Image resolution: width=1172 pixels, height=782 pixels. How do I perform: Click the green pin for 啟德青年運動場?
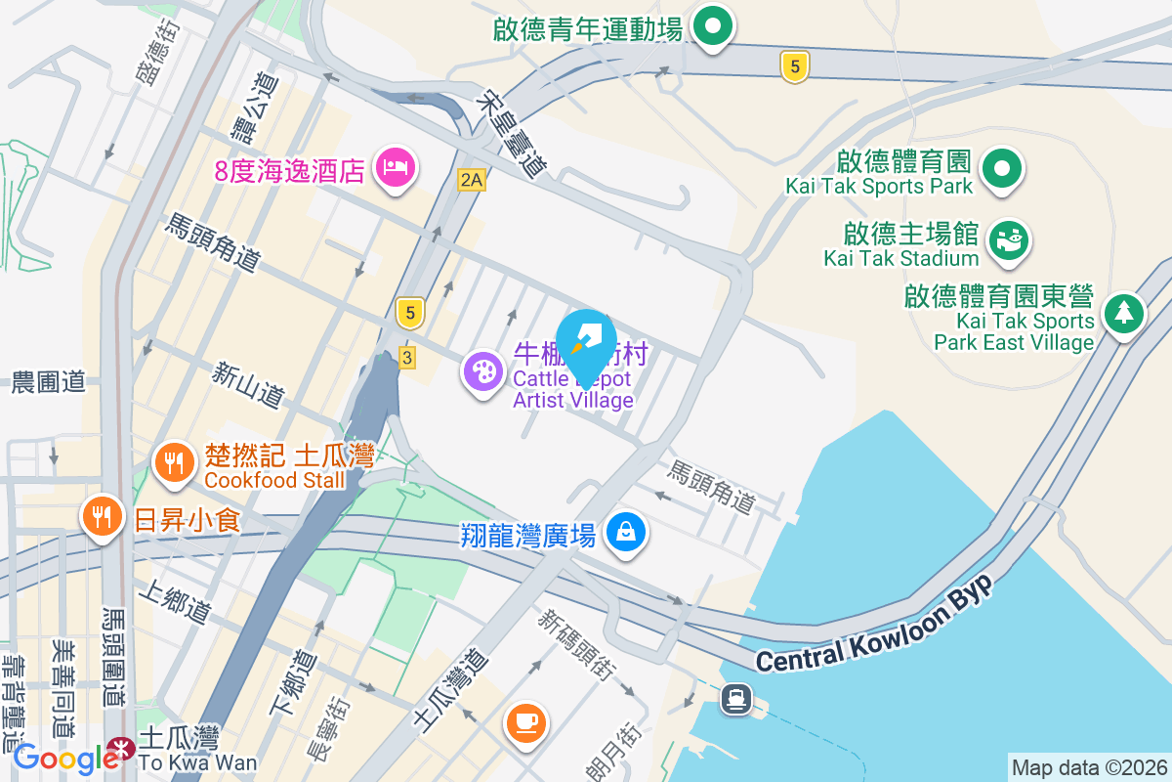[713, 26]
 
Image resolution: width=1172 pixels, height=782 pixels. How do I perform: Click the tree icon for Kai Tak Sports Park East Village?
[1124, 314]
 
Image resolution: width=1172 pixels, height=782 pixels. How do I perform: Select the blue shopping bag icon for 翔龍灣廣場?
[624, 533]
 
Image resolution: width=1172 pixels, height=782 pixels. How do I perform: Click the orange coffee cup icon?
[525, 722]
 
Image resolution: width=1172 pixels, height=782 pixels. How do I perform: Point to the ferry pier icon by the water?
[735, 698]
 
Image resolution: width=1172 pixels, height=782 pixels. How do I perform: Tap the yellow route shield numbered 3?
[406, 358]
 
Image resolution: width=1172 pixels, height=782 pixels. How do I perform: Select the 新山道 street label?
[249, 384]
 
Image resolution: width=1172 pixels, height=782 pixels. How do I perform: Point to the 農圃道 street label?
[49, 382]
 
